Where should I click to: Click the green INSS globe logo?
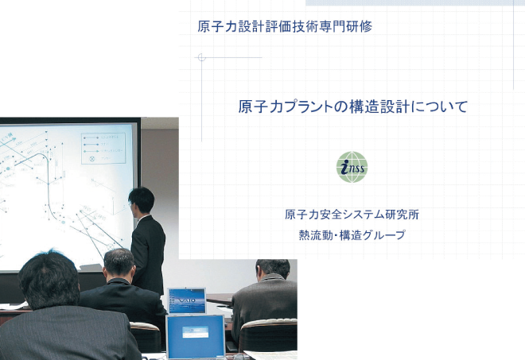(x=352, y=167)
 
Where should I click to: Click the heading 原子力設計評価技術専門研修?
(x=285, y=26)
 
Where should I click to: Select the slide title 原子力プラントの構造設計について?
(x=353, y=106)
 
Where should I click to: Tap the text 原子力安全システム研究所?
(x=352, y=215)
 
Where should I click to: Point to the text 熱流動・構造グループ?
(x=352, y=235)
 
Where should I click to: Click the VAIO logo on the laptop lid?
(x=187, y=300)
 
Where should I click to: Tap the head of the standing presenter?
(x=141, y=199)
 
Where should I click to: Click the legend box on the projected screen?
(x=103, y=149)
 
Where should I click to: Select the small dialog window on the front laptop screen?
(x=195, y=332)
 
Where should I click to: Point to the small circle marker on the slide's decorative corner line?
(x=201, y=57)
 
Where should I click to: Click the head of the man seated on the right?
(x=272, y=270)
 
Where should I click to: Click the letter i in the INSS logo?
(x=344, y=167)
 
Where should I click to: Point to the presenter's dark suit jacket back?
(x=149, y=251)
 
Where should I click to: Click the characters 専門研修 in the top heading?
(x=345, y=26)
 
